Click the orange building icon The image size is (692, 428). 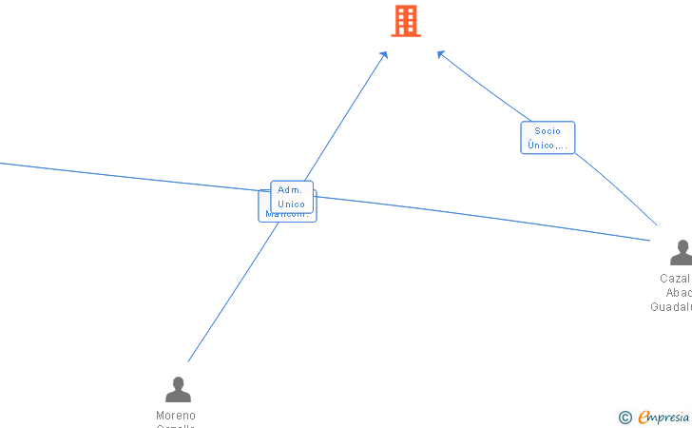(406, 21)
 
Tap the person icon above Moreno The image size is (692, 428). (178, 390)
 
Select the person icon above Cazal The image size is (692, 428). (681, 253)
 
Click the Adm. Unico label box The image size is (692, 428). (291, 197)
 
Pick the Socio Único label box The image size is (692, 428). (548, 138)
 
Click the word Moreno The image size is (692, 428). (176, 416)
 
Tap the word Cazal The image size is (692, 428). (675, 279)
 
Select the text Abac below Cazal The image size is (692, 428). (679, 293)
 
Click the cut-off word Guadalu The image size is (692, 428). (671, 307)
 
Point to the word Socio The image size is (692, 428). (548, 131)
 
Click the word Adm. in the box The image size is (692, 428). (290, 190)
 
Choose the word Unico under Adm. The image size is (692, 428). (291, 204)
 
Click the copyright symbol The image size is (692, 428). (625, 418)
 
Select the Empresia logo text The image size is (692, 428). (664, 418)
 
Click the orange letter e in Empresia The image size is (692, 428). (644, 418)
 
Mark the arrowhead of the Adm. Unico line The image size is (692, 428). (385, 54)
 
